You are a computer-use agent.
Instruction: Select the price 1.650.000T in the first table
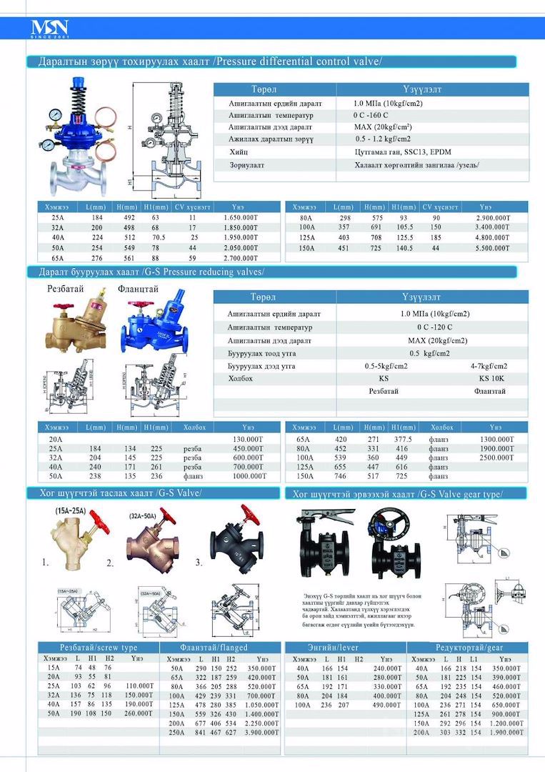(242, 217)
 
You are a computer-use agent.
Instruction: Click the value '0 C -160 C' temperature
(370, 115)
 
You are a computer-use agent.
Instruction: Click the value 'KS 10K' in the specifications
(491, 378)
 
